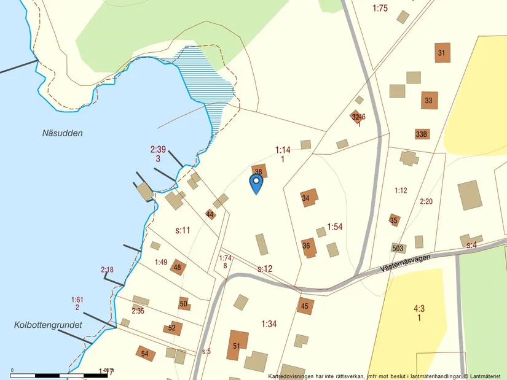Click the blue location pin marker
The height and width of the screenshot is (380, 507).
coord(256,183)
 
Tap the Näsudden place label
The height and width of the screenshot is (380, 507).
coord(63,133)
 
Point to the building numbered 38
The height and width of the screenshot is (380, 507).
coord(259,171)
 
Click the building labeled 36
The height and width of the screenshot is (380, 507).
coord(309,246)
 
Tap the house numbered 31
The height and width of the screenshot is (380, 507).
coord(442,53)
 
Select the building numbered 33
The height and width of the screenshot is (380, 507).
coord(430,100)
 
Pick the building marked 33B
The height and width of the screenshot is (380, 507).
coord(422,134)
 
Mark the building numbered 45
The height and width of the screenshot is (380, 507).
coord(305,306)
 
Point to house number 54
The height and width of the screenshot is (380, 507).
coord(146,353)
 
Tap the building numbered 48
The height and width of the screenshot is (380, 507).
coord(178,267)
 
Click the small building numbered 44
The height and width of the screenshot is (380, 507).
coord(211,214)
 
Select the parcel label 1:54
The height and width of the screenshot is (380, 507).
coord(335,227)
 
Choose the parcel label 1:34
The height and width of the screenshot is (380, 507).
coord(269,324)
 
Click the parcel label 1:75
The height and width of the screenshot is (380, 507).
coord(380,8)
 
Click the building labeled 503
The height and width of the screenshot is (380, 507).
coord(398,249)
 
